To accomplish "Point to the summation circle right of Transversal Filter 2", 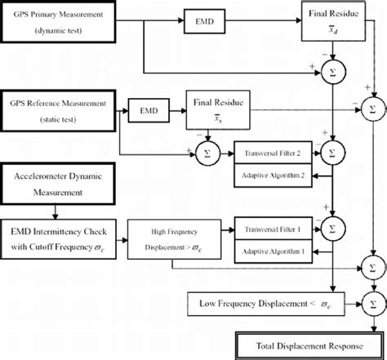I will coord(332,152).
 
